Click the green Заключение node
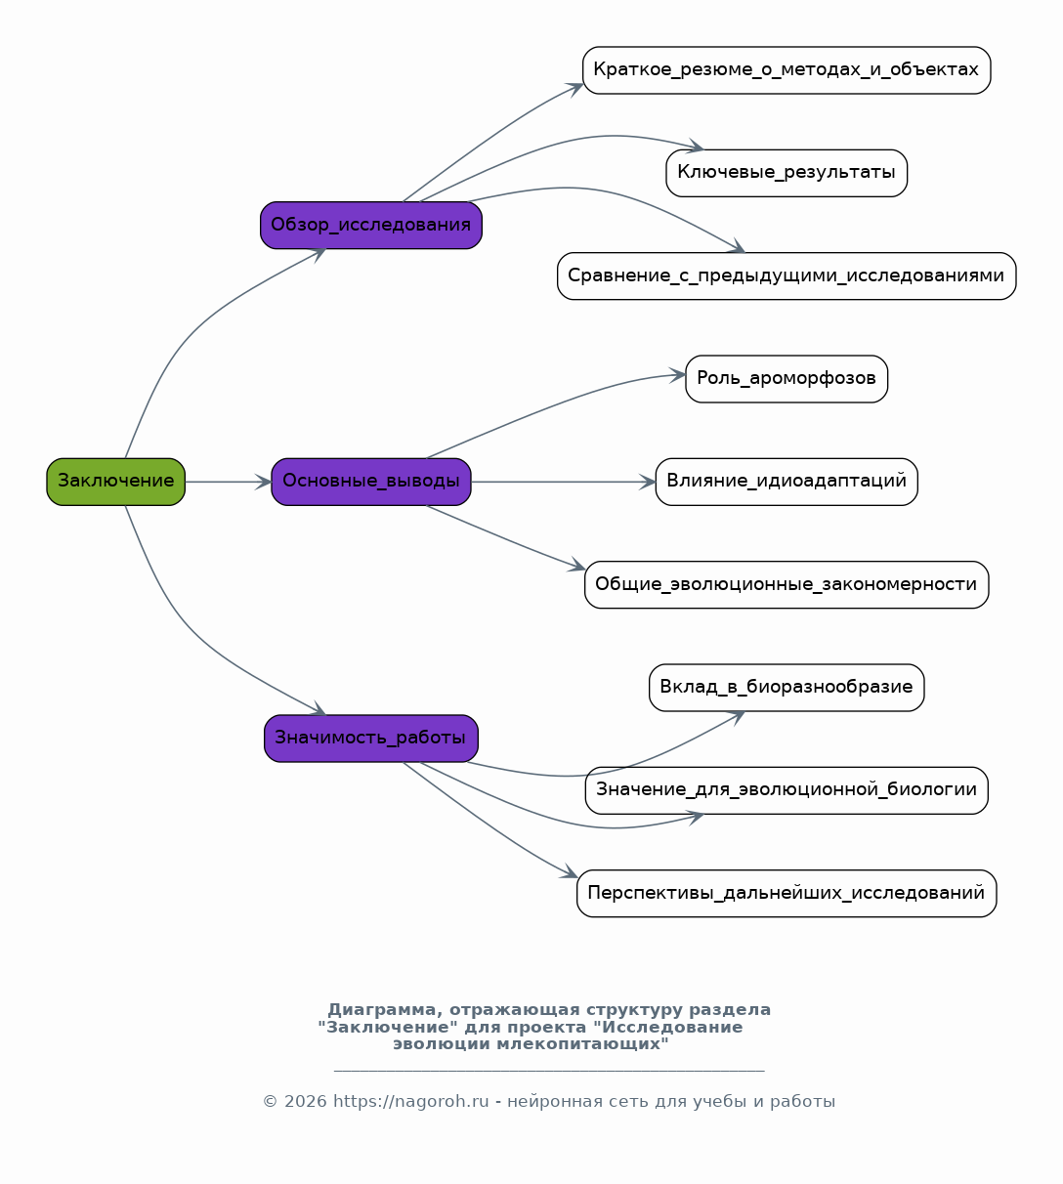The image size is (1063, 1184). click(115, 482)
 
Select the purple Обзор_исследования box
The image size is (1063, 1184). click(371, 225)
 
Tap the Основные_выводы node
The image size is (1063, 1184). click(371, 482)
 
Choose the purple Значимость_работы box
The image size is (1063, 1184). click(371, 739)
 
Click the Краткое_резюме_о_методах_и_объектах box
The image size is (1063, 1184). click(787, 70)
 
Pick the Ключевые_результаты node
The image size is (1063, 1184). click(787, 173)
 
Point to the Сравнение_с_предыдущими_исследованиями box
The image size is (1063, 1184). click(787, 275)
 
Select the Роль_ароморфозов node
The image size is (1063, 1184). click(787, 379)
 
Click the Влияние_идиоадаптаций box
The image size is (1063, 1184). click(787, 482)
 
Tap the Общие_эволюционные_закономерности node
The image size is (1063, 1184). click(787, 584)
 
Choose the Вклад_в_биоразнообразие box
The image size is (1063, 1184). click(787, 688)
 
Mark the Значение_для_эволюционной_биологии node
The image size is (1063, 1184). click(787, 790)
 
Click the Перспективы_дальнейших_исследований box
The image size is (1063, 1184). click(787, 893)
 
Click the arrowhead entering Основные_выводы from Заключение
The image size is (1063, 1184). click(264, 482)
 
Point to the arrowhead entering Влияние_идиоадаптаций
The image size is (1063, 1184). click(648, 482)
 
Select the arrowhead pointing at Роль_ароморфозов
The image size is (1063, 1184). click(678, 374)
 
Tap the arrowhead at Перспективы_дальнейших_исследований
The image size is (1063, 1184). click(570, 871)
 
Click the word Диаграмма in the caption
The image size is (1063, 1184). click(382, 1009)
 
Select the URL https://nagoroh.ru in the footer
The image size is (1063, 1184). click(410, 1101)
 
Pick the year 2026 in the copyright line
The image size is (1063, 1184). click(306, 1101)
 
